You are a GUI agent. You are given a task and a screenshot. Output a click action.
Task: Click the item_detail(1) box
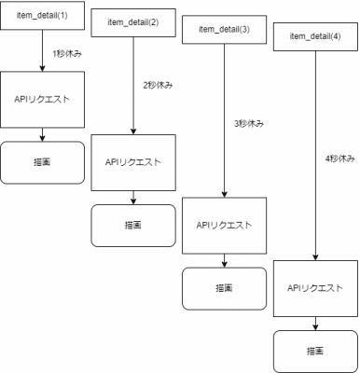tap(42, 16)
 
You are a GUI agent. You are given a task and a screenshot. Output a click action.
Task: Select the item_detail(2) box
tap(133, 22)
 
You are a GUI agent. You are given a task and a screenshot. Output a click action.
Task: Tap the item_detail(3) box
tap(224, 30)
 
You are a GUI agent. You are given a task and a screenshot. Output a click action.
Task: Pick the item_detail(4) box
tap(315, 36)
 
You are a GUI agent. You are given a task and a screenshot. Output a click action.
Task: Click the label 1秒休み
tap(67, 54)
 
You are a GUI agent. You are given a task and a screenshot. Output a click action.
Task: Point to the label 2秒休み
tap(158, 85)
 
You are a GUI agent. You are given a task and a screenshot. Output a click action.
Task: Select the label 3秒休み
tap(249, 124)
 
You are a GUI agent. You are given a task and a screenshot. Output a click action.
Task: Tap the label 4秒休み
tap(339, 159)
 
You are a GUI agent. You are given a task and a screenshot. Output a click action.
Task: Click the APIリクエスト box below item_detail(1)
tap(42, 100)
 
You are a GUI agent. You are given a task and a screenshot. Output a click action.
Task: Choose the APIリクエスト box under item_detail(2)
tap(133, 162)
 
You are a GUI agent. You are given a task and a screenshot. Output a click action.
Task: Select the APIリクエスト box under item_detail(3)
tap(224, 226)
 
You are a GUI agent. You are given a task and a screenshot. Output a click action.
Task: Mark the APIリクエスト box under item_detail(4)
tap(315, 288)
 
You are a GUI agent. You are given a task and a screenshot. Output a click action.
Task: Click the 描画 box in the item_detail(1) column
tap(42, 162)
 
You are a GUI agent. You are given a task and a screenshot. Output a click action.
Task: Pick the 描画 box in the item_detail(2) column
tap(133, 226)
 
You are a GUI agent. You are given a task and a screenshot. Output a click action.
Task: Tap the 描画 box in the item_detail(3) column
tap(224, 288)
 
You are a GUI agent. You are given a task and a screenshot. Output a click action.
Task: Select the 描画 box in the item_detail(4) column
tap(315, 352)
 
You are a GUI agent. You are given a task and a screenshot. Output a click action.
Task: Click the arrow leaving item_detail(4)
tap(315, 156)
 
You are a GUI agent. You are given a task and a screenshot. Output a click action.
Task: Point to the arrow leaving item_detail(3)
tap(225, 120)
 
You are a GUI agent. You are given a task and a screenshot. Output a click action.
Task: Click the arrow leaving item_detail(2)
tap(133, 86)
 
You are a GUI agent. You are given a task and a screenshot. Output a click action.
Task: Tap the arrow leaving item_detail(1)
tap(43, 50)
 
